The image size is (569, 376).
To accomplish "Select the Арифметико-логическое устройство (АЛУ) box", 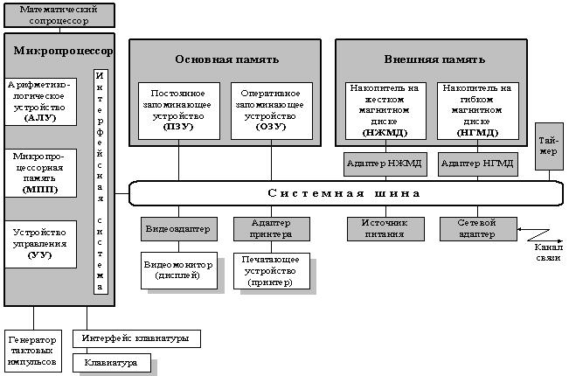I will [x=40, y=101].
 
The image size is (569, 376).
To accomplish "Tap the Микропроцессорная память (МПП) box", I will [x=40, y=172].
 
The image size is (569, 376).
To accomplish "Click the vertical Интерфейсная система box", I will [x=101, y=180].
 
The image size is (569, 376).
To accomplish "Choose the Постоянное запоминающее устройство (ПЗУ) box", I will [x=179, y=109].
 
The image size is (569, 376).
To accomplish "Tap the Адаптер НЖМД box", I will [x=382, y=164].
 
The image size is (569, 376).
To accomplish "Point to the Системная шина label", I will [x=343, y=192].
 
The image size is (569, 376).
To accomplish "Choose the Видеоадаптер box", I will [x=179, y=229].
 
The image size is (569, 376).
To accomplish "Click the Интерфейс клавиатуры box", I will [x=135, y=338].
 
